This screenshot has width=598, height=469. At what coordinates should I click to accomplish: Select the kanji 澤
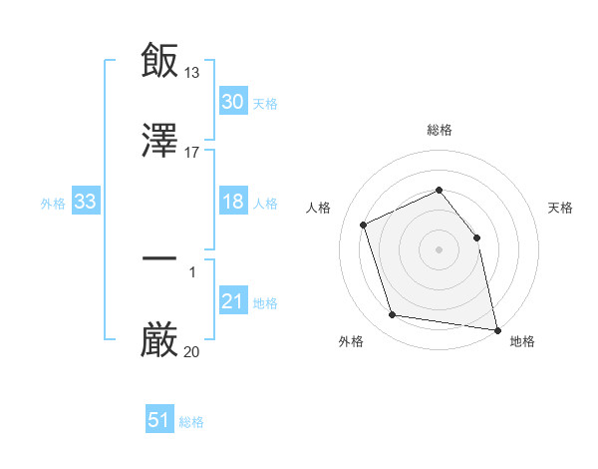tap(159, 143)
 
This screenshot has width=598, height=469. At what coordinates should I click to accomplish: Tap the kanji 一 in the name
tap(159, 259)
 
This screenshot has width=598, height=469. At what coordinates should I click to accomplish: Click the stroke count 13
tap(192, 72)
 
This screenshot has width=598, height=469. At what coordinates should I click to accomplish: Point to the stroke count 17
tap(192, 153)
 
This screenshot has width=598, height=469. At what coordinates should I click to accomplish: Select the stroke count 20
tap(192, 351)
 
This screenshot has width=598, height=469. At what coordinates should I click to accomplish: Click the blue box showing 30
tap(232, 102)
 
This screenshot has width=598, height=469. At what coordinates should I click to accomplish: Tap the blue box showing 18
tap(232, 202)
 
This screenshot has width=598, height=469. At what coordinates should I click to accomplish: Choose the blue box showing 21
tap(232, 301)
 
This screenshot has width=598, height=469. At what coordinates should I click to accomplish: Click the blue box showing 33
tap(85, 202)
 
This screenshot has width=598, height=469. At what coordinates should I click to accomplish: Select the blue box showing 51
tap(159, 421)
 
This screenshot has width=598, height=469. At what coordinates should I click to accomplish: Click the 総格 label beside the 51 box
tap(191, 422)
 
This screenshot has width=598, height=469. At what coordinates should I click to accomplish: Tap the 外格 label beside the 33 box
tap(53, 203)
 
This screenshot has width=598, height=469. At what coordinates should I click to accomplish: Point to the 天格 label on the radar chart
tap(560, 208)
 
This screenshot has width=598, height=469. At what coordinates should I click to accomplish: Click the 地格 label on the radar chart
tap(522, 341)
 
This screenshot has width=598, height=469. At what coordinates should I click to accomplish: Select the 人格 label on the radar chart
tap(318, 208)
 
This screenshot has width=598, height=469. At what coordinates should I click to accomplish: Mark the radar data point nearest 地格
tap(496, 328)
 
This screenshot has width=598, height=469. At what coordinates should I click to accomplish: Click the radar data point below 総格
tap(439, 190)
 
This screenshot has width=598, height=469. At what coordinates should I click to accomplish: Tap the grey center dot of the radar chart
tap(439, 248)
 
